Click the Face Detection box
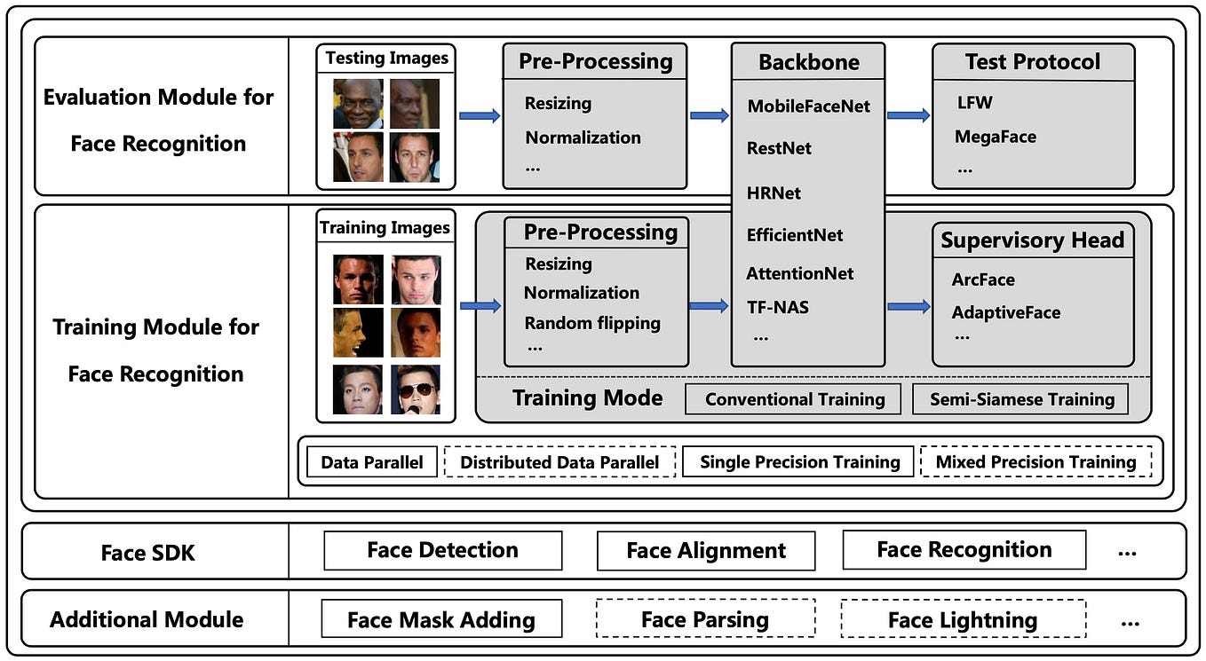coord(442,551)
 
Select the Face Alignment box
coord(706,551)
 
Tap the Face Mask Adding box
coord(441,619)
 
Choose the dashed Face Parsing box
coord(705,619)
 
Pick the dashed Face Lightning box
coord(963,619)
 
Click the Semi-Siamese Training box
coord(1021,399)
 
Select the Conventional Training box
coord(794,399)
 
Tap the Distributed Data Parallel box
coord(559,462)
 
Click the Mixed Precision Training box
coord(1035,462)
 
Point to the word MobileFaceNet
coord(808,106)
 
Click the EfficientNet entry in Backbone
coord(795,235)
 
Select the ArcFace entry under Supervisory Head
coord(983,279)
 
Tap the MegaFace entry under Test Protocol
coord(995,137)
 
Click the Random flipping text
coord(592,323)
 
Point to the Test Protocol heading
coord(1033,62)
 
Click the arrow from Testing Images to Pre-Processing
coord(480,115)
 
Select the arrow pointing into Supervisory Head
coord(908,306)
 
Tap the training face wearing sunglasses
coord(416,390)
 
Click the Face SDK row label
coord(147,553)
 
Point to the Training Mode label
coord(587,398)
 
